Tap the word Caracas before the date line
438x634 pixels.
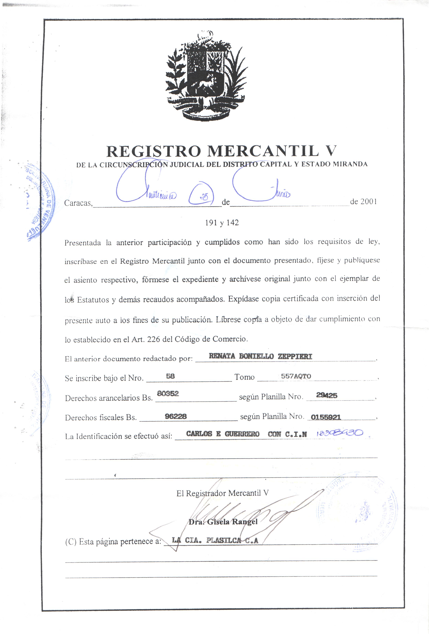pyautogui.click(x=78, y=203)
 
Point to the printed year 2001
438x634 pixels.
pyautogui.click(x=369, y=201)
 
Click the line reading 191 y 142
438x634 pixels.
pyautogui.click(x=222, y=223)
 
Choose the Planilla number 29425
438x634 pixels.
pyautogui.click(x=327, y=395)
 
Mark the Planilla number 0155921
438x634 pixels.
pyautogui.click(x=326, y=417)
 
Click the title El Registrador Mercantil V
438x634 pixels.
pyautogui.click(x=222, y=493)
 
